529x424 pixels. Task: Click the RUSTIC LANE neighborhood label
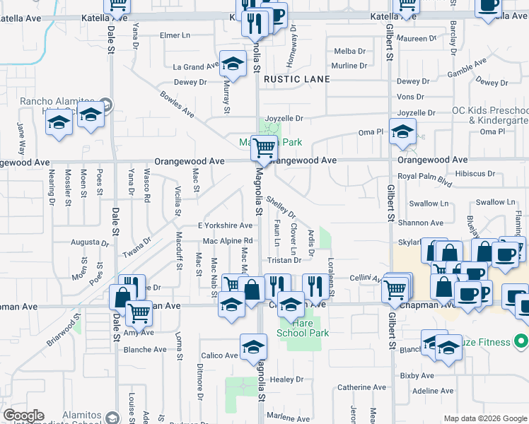pyautogui.click(x=297, y=79)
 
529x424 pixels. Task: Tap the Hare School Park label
pyautogui.click(x=303, y=327)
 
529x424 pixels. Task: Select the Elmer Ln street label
pyautogui.click(x=177, y=35)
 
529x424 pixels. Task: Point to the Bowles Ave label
pyautogui.click(x=177, y=103)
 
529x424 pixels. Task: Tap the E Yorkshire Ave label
pyautogui.click(x=225, y=225)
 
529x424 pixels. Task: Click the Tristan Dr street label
pyautogui.click(x=284, y=259)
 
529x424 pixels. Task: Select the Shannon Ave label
pyautogui.click(x=419, y=223)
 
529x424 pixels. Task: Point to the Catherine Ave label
pyautogui.click(x=362, y=387)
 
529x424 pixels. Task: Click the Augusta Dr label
pyautogui.click(x=88, y=242)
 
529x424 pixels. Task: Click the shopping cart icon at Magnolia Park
pyautogui.click(x=264, y=148)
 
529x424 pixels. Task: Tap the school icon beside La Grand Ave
pyautogui.click(x=233, y=64)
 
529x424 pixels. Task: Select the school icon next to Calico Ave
pyautogui.click(x=253, y=347)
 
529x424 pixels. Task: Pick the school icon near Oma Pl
pyautogui.click(x=402, y=131)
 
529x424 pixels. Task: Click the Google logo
pyautogui.click(x=23, y=416)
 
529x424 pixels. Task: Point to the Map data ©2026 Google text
pyautogui.click(x=485, y=418)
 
